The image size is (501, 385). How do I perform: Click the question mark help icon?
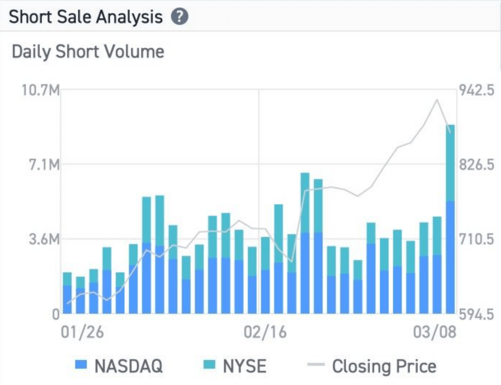[180, 17]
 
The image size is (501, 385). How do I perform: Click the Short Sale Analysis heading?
[86, 17]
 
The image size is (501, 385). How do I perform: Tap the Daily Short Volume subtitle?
[88, 52]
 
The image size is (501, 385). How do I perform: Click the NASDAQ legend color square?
[81, 364]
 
